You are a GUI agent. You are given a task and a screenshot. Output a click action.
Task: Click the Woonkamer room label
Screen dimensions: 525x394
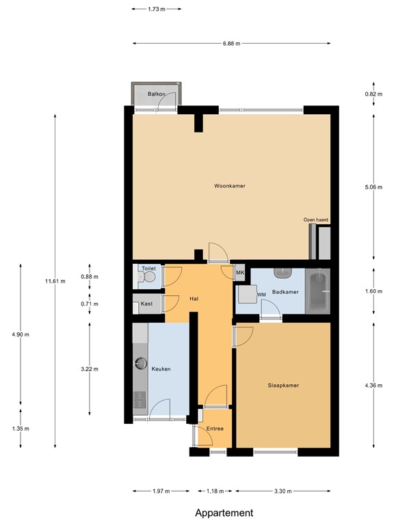coord(230,186)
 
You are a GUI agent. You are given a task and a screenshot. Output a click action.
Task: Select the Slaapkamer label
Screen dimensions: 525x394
coord(283,385)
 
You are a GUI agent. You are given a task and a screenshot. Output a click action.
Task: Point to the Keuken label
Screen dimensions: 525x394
coord(161,369)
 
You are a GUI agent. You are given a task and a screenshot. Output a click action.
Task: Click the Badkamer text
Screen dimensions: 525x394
coord(285,292)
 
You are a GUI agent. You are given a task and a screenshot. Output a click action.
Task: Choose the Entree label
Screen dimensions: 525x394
coord(215,429)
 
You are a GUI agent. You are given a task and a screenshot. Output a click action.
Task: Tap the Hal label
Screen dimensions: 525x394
coord(194,299)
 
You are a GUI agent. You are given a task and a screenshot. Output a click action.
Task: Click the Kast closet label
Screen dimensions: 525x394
coord(146,304)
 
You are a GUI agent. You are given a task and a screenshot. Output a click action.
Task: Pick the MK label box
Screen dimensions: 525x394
coord(239,273)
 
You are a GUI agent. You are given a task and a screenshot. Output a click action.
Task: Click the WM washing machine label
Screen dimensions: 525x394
coord(261,295)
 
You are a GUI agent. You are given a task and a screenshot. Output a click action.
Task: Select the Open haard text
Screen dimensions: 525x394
coord(316,219)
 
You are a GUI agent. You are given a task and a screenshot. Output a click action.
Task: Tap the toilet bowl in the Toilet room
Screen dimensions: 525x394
coord(144,278)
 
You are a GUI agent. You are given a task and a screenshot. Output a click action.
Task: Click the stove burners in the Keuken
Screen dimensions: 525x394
coord(140,399)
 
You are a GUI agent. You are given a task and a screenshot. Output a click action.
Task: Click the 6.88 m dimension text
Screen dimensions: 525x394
coord(232,44)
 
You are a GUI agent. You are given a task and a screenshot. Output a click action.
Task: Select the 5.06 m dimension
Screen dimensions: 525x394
coord(373,186)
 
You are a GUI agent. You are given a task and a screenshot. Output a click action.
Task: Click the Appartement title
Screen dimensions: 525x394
coord(224,513)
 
